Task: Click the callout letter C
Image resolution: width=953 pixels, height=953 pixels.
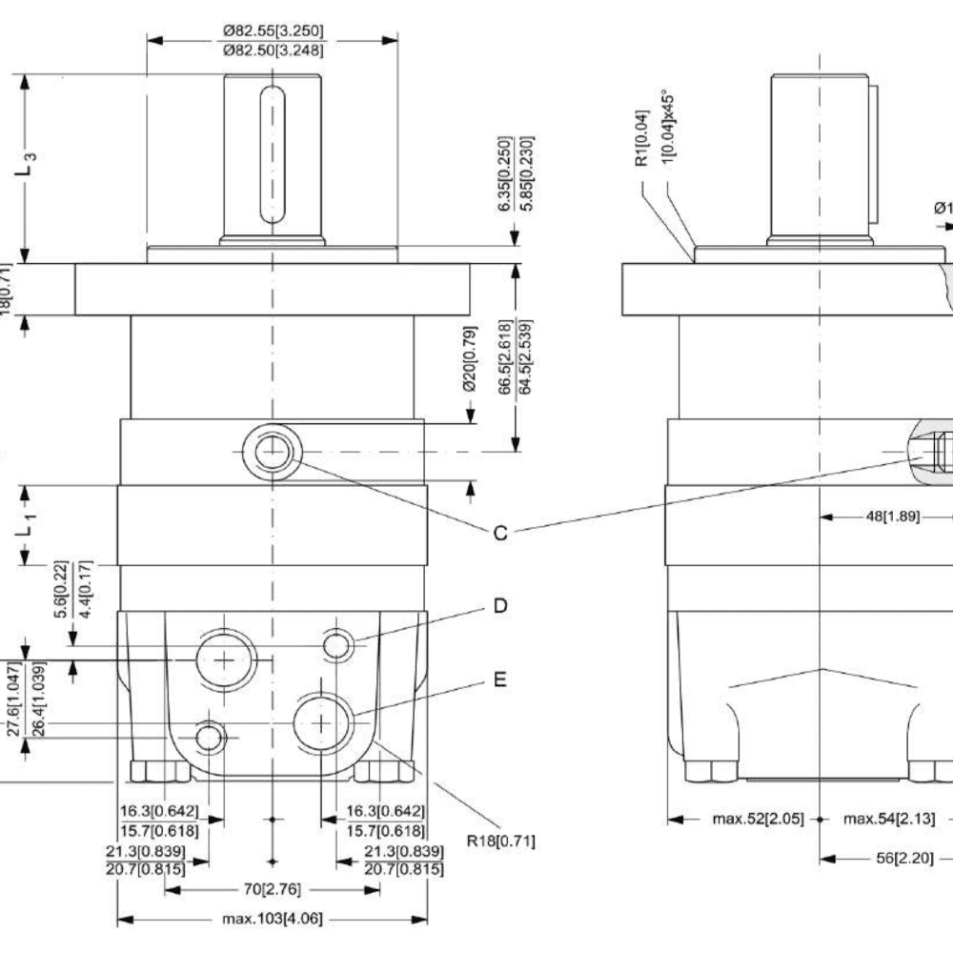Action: tap(499, 533)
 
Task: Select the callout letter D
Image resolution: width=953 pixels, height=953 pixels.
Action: tap(499, 606)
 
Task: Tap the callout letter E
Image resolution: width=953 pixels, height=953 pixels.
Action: tap(499, 680)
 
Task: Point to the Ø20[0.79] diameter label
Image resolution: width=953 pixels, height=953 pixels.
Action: tap(469, 373)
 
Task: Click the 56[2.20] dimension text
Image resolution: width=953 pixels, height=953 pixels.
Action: tap(892, 858)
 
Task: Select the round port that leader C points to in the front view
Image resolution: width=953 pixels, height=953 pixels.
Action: tap(273, 451)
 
